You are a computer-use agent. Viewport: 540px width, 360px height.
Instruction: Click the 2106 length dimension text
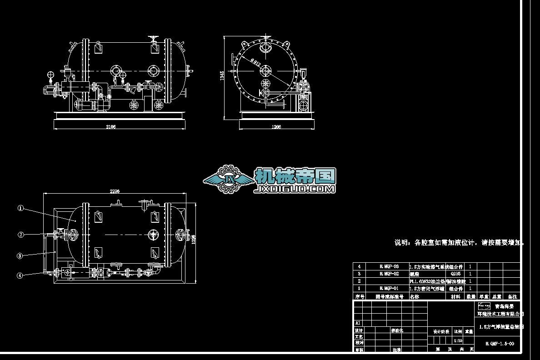pos(111,127)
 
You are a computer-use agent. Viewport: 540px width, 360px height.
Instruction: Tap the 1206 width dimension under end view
pos(276,127)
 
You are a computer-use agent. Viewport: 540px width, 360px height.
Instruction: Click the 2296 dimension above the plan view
pos(115,191)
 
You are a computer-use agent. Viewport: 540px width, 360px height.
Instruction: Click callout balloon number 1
pos(20,208)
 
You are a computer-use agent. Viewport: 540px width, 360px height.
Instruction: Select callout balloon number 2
pos(20,235)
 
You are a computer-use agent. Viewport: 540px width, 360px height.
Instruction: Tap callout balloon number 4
pos(20,275)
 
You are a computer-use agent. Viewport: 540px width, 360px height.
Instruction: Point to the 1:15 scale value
pos(458,340)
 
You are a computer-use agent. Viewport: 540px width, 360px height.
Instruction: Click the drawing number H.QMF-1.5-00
pos(500,344)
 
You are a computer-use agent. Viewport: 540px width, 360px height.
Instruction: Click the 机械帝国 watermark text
pos(295,176)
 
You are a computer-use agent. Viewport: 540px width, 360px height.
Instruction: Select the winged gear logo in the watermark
pos(229,180)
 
